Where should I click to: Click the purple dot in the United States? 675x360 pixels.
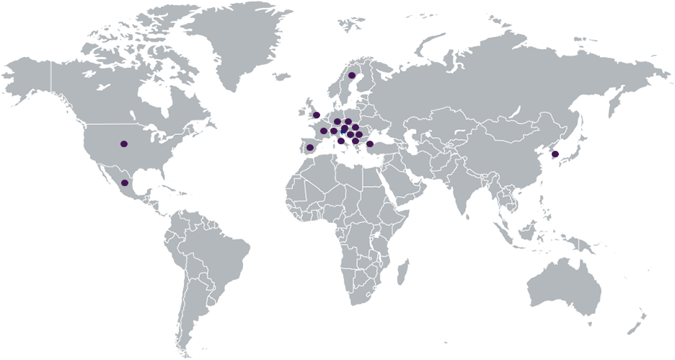click(x=124, y=144)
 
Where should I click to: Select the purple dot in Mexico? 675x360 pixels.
click(x=125, y=183)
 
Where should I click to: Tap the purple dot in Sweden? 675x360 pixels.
click(x=352, y=75)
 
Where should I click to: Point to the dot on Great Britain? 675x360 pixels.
click(x=316, y=115)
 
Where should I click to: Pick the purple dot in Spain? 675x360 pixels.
click(x=310, y=148)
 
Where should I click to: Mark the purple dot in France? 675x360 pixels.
click(x=324, y=131)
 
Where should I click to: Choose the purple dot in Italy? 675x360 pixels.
click(x=341, y=141)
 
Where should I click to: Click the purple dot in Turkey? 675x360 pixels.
click(x=370, y=144)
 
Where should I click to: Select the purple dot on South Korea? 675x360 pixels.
click(x=555, y=154)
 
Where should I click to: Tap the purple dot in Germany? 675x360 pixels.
click(x=337, y=121)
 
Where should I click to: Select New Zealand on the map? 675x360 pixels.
click(x=637, y=322)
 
